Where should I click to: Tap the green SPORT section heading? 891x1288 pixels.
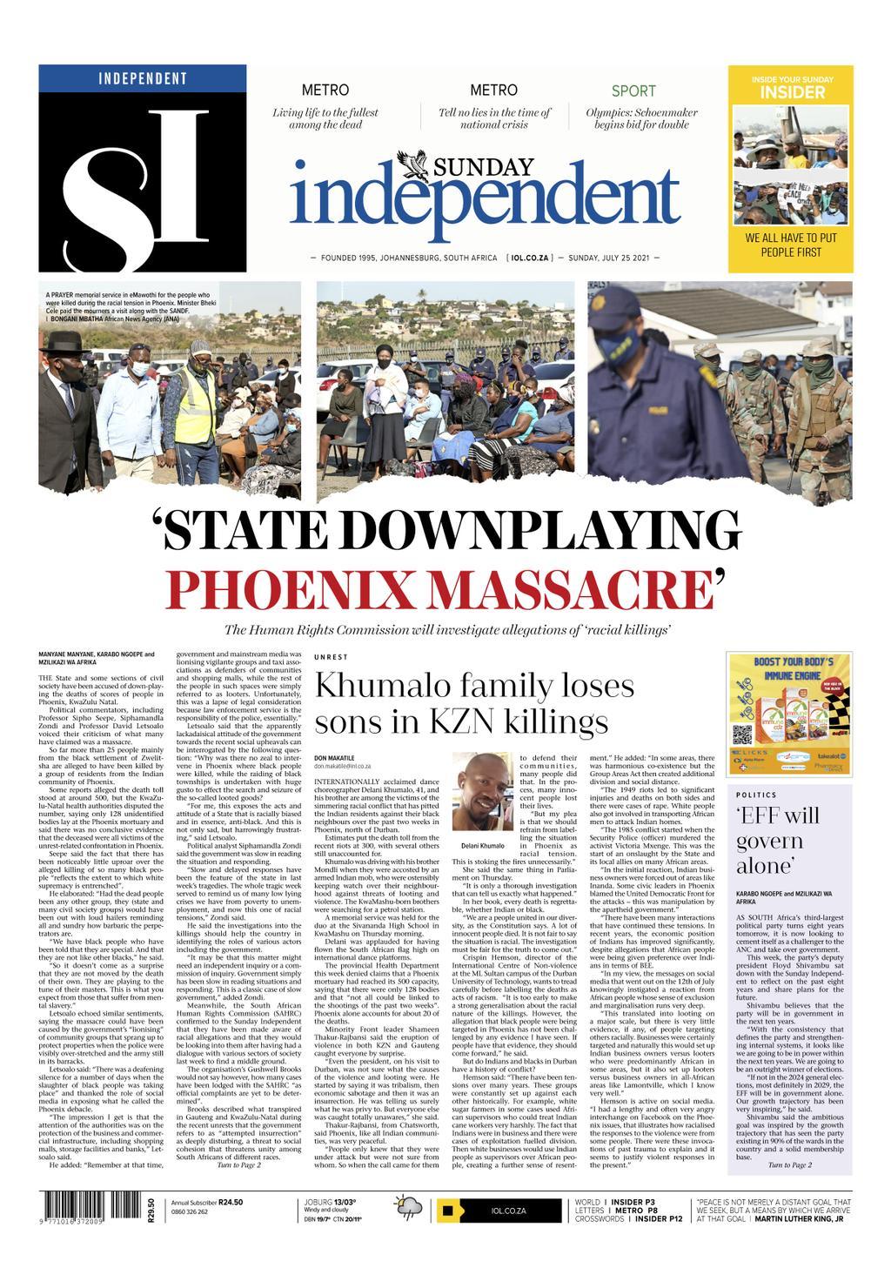coord(633,91)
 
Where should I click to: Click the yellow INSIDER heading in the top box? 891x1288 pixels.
coord(792,93)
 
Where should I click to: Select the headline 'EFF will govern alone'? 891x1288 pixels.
coord(779,841)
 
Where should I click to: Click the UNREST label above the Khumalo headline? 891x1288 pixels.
coord(331,657)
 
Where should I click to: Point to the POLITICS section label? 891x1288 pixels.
coord(756,795)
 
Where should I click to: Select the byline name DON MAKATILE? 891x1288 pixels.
coord(336,758)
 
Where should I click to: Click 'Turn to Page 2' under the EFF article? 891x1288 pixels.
coord(789,1164)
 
